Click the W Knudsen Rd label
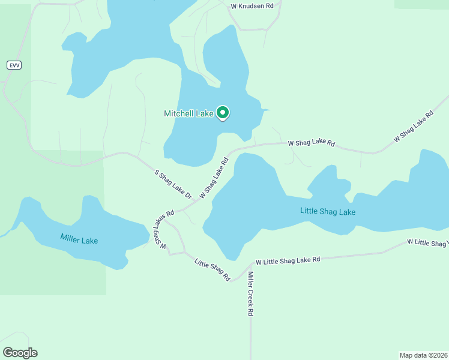pos(252,5)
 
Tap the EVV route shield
pos(14,65)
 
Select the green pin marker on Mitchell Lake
pos(223,113)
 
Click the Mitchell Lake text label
pos(189,113)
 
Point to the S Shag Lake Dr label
pos(173,184)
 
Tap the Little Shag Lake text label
pos(328,212)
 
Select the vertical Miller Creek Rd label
pos(251,294)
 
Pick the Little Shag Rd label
pos(212,269)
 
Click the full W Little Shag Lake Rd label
pos(288,261)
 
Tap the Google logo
pos(20,353)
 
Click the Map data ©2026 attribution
pos(423,355)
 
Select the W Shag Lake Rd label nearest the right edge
pos(413,127)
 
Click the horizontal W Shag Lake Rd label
pos(311,143)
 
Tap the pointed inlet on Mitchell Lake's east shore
pos(267,110)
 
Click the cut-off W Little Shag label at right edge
pos(427,242)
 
